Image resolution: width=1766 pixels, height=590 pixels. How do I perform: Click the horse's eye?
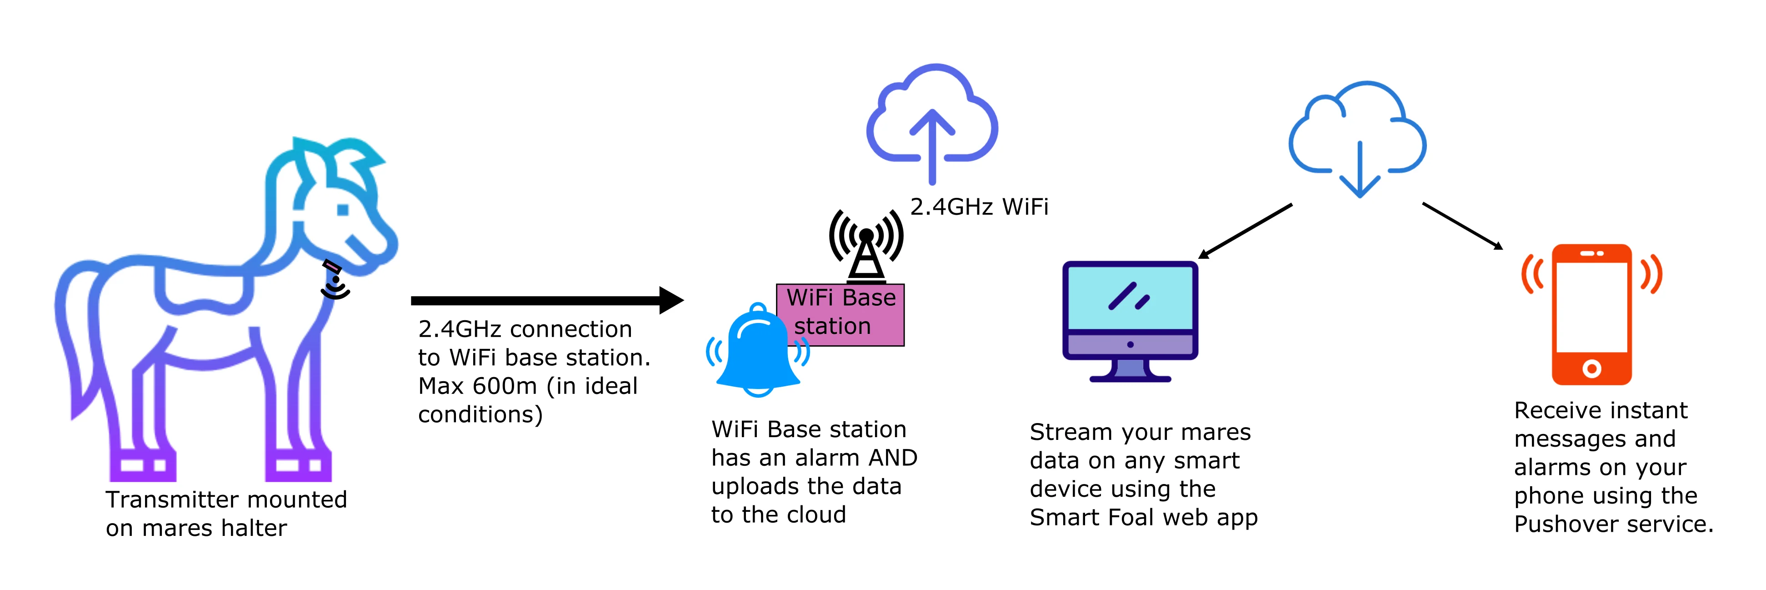(343, 210)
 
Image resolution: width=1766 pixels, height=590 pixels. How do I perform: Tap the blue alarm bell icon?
(758, 353)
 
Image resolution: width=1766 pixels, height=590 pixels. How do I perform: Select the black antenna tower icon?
(866, 247)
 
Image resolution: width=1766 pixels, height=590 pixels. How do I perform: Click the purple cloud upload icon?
(932, 120)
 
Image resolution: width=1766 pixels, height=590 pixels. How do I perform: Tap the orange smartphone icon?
(1592, 314)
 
